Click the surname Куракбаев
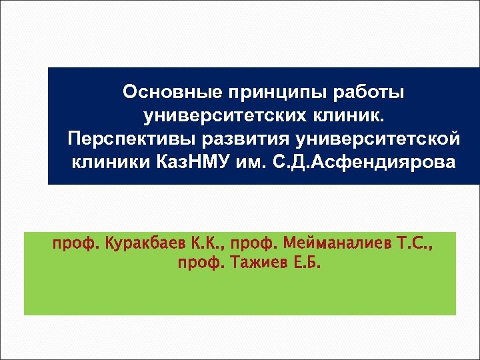[x=141, y=248]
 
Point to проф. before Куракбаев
[x=75, y=248]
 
